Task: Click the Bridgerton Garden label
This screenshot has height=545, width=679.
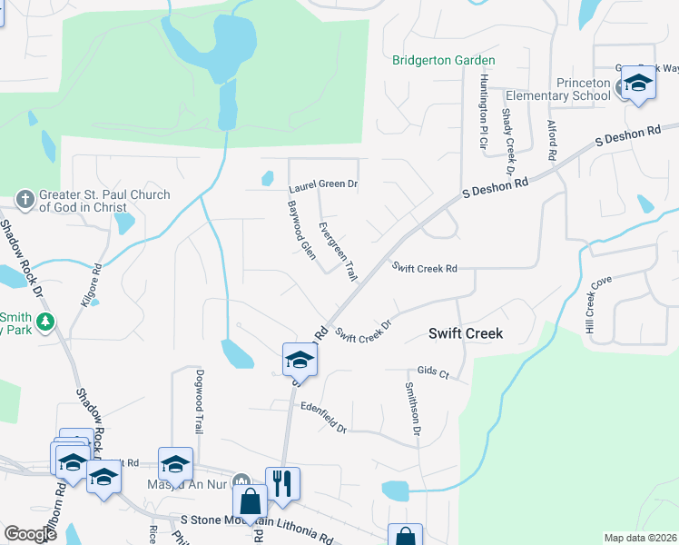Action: pyautogui.click(x=444, y=61)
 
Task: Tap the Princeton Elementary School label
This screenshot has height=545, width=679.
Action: pyautogui.click(x=557, y=89)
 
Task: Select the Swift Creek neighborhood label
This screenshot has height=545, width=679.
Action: pyautogui.click(x=465, y=333)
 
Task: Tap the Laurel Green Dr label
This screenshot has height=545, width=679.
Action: pyautogui.click(x=323, y=185)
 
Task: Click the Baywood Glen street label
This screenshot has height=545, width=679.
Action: pyautogui.click(x=300, y=231)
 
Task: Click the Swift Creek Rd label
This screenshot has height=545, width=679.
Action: pyautogui.click(x=424, y=268)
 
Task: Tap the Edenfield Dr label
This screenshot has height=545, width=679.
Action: pyautogui.click(x=322, y=417)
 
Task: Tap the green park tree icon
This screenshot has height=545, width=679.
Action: pyautogui.click(x=44, y=321)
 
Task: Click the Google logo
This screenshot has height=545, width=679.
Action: pyautogui.click(x=30, y=534)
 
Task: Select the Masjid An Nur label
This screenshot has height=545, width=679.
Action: pyautogui.click(x=184, y=483)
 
